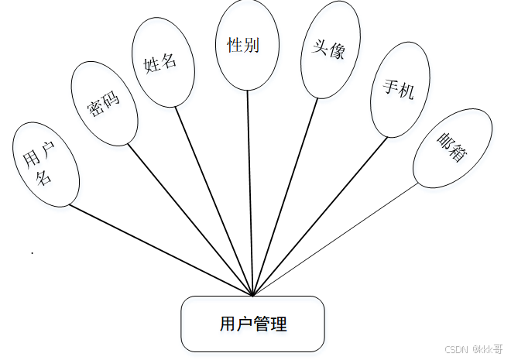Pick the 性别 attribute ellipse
pos(247,45)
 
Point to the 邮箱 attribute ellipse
pos(452,148)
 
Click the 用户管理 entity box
pos(252,323)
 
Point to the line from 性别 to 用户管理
pos(250,194)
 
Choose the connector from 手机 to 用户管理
pos(321,217)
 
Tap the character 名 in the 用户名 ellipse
pos(44,177)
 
